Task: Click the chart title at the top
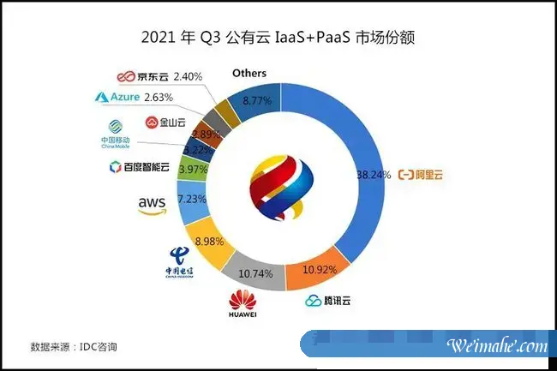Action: [x=278, y=38]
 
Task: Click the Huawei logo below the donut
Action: [x=243, y=305]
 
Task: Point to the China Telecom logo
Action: [x=181, y=262]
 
